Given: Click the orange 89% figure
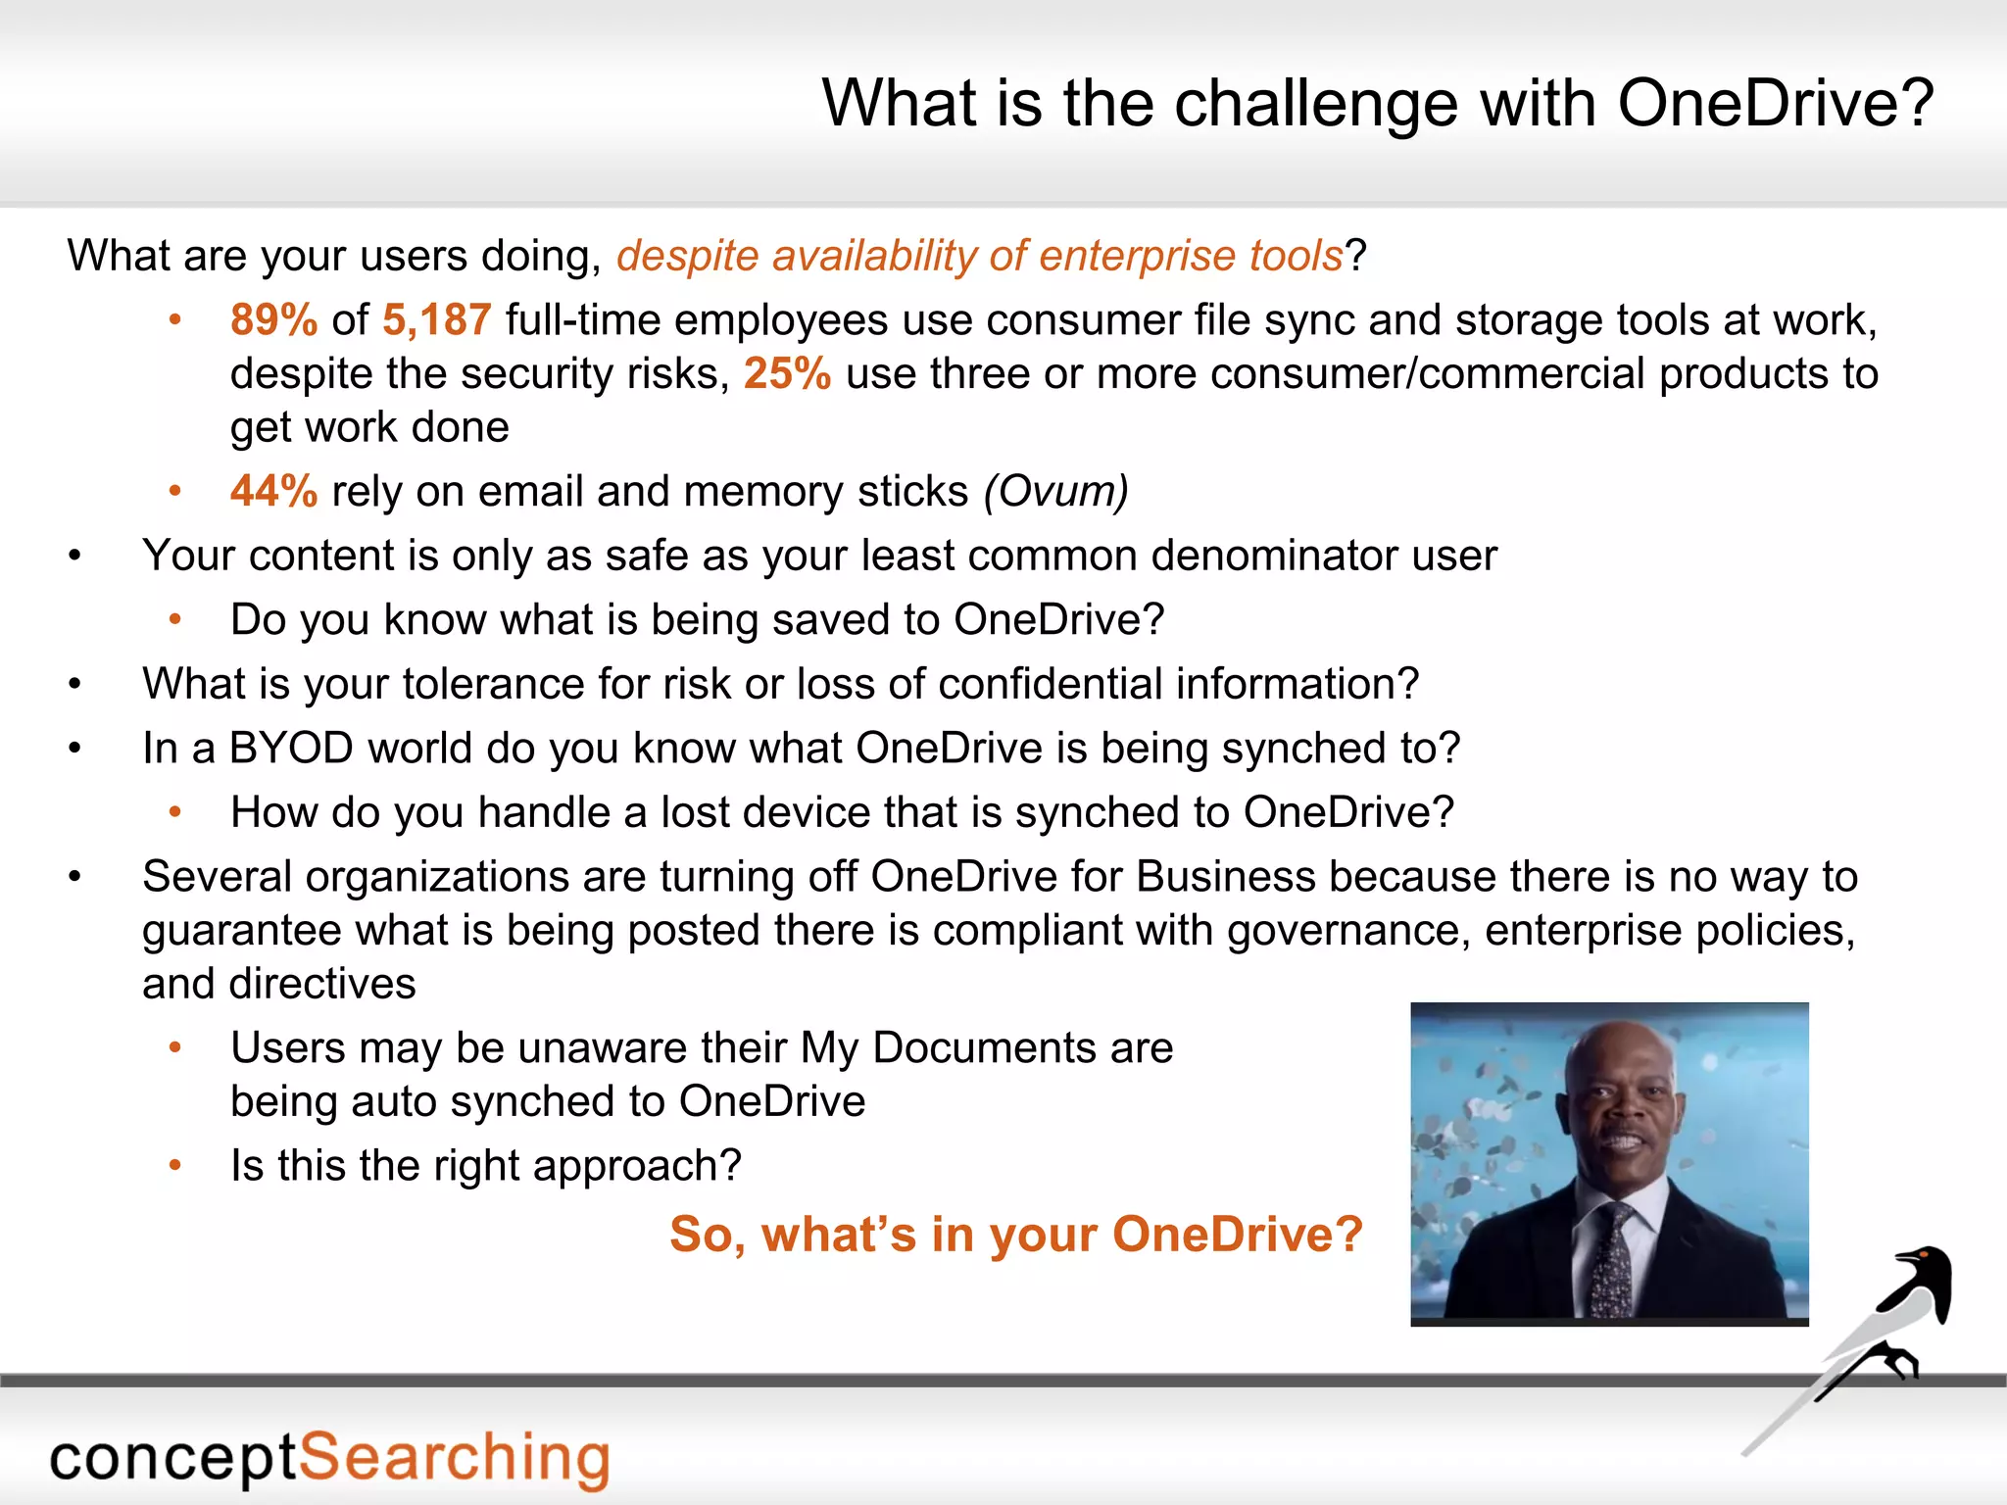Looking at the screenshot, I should (273, 320).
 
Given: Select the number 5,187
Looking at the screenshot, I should (436, 320).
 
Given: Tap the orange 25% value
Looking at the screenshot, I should (787, 374).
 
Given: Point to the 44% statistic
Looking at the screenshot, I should (273, 492).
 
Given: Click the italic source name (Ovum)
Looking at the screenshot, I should (1056, 492).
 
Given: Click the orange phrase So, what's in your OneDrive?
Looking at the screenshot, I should (1016, 1234).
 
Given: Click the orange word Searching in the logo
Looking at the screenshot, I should (454, 1457).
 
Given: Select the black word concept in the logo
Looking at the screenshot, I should (172, 1459).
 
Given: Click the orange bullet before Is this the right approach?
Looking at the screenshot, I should (175, 1165).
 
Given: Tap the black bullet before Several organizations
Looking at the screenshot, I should (75, 877).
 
